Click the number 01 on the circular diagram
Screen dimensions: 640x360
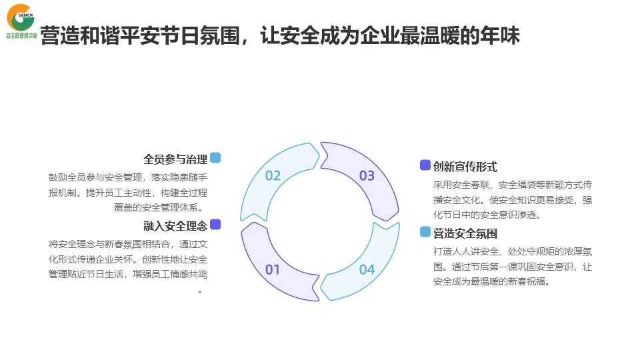(273, 269)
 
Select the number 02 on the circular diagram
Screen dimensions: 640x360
(273, 176)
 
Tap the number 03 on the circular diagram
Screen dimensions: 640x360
(367, 176)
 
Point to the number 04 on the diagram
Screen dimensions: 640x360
(367, 269)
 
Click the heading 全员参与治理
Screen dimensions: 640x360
(175, 159)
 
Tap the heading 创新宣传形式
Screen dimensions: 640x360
(465, 167)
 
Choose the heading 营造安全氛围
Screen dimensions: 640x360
(465, 233)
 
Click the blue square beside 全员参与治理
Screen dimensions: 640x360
(215, 158)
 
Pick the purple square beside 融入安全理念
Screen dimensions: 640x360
(215, 225)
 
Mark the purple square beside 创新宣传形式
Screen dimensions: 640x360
(425, 165)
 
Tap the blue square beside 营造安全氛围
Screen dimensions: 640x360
(425, 232)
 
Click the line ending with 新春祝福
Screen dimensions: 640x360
(491, 281)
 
